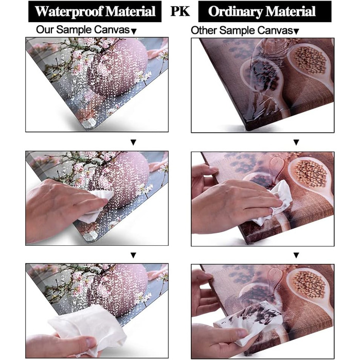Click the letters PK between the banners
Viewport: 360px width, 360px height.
tap(180, 11)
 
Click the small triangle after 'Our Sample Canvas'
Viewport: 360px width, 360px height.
tap(134, 31)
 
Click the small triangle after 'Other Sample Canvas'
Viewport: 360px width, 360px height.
tap(296, 31)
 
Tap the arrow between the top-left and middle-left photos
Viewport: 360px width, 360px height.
tap(133, 142)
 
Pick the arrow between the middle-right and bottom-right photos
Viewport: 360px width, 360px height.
tap(296, 255)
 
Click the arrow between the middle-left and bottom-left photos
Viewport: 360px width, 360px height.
tap(133, 255)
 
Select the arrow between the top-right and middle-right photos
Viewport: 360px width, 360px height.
tap(296, 142)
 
